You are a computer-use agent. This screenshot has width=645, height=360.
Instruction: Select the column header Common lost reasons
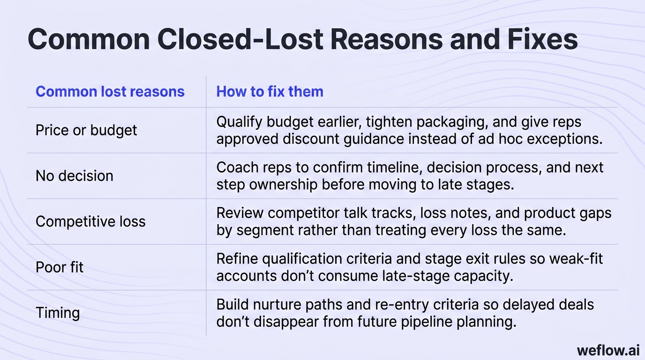[110, 91]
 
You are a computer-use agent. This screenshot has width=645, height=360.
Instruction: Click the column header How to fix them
[270, 91]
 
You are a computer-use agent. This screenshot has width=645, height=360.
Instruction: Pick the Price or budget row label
[86, 130]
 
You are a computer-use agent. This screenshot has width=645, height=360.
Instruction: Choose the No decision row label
[74, 176]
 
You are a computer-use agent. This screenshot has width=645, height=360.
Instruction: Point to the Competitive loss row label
[90, 221]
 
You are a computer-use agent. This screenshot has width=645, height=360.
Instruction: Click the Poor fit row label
[60, 267]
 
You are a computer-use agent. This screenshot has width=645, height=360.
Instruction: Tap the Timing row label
[57, 313]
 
